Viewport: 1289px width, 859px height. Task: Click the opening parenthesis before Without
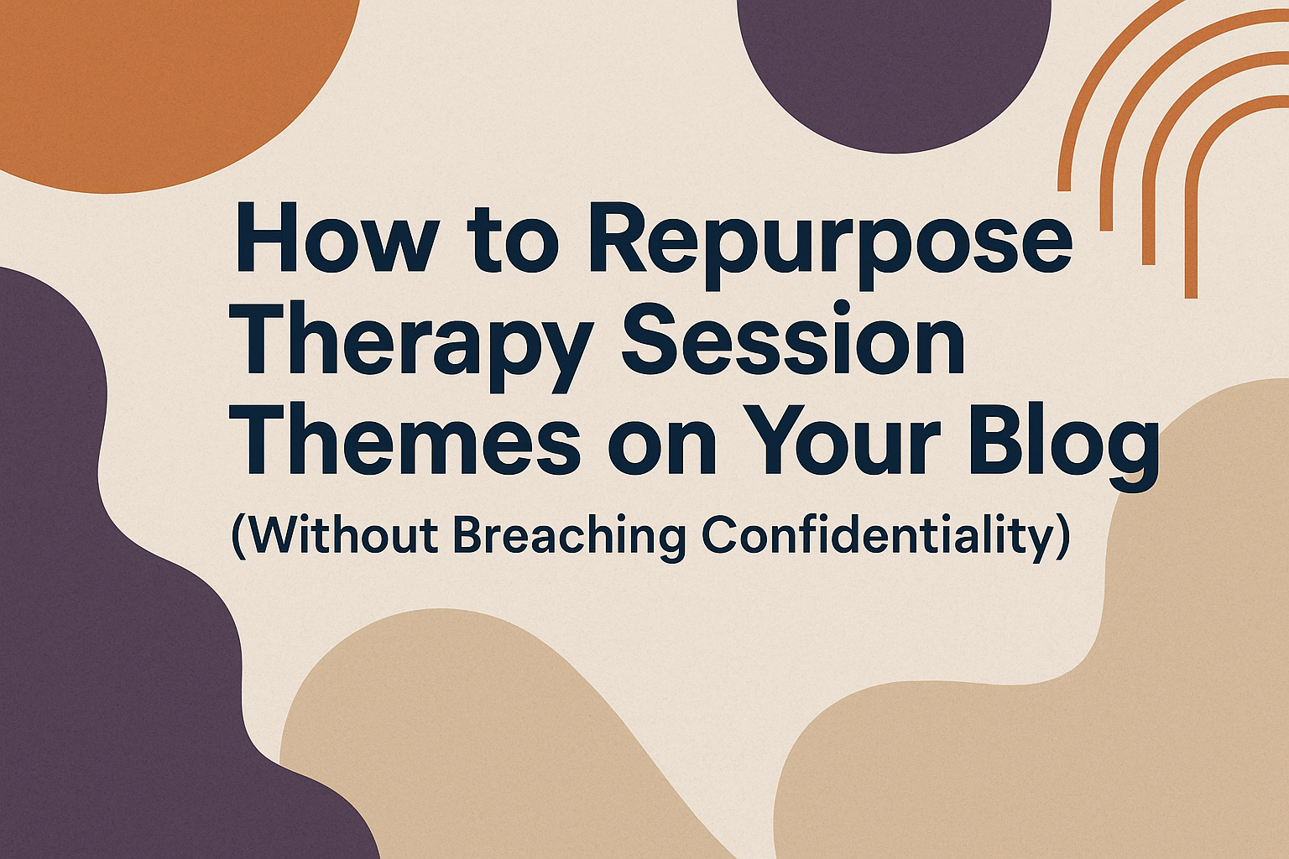(237, 537)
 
